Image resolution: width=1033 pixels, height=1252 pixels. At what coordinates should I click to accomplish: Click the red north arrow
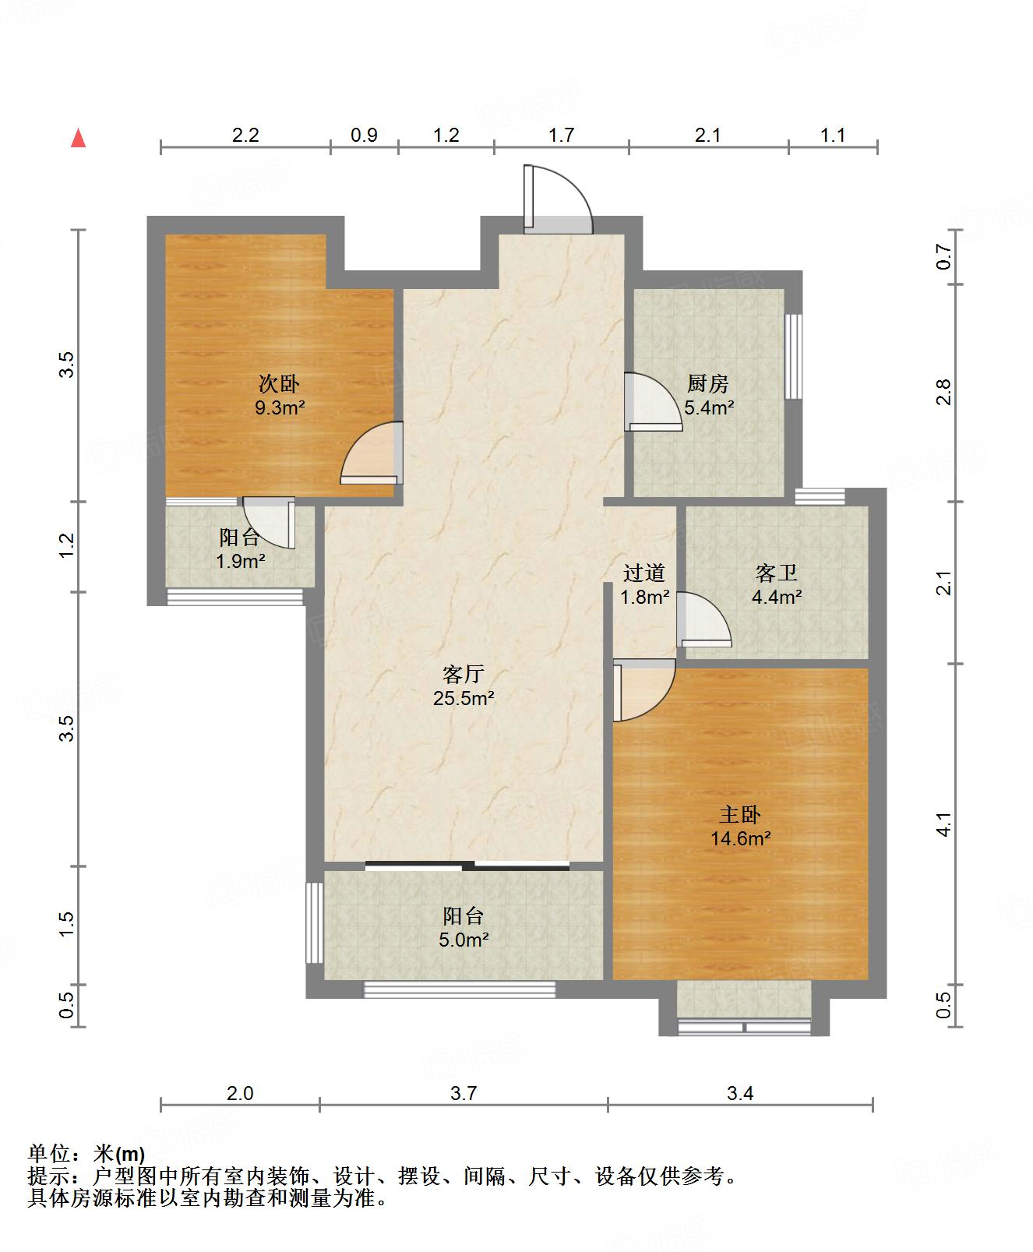pyautogui.click(x=78, y=138)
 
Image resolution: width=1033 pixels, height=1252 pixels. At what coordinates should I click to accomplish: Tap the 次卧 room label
pyautogui.click(x=279, y=383)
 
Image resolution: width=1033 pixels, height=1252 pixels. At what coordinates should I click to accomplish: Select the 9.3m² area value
pyautogui.click(x=280, y=407)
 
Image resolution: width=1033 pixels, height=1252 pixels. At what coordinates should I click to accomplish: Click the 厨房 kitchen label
pyautogui.click(x=707, y=383)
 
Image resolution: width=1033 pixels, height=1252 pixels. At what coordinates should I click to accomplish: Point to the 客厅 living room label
pyautogui.click(x=464, y=674)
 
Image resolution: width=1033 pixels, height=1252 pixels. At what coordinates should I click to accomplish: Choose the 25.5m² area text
pyautogui.click(x=464, y=698)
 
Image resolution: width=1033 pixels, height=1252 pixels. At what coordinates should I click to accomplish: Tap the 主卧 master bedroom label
pyautogui.click(x=739, y=815)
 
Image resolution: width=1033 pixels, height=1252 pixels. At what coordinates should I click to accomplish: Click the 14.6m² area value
pyautogui.click(x=741, y=839)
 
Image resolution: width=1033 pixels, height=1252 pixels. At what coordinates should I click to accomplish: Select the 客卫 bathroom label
pyautogui.click(x=777, y=573)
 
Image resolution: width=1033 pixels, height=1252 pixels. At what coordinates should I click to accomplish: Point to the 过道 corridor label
pyautogui.click(x=644, y=573)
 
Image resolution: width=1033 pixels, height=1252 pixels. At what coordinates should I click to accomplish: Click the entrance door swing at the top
pyautogui.click(x=558, y=199)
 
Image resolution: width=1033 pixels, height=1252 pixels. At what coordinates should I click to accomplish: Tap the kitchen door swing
pyautogui.click(x=653, y=402)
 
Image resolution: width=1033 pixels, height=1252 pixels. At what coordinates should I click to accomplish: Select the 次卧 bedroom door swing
pyautogui.click(x=372, y=453)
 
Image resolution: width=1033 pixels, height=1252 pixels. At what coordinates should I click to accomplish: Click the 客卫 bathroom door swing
pyautogui.click(x=704, y=619)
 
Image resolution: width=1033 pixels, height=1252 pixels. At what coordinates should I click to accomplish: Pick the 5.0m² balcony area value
pyautogui.click(x=464, y=940)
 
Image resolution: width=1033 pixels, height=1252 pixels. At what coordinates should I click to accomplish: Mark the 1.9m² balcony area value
pyautogui.click(x=241, y=561)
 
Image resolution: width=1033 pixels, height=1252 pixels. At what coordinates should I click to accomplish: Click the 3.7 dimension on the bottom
pyautogui.click(x=464, y=1094)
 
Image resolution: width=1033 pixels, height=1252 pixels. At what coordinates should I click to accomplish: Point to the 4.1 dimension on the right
pyautogui.click(x=944, y=824)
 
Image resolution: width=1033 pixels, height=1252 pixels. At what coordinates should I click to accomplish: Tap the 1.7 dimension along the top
pyautogui.click(x=562, y=136)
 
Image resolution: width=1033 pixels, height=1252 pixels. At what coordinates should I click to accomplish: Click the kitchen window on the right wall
pyautogui.click(x=793, y=356)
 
